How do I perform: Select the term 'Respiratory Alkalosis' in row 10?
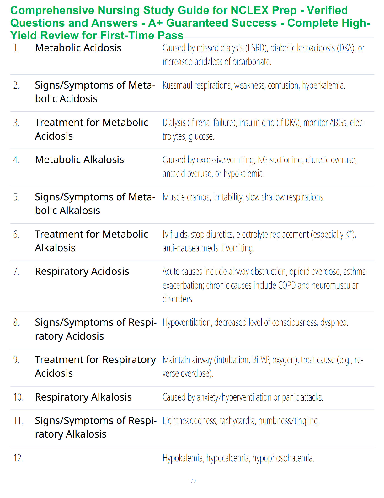[x=83, y=397]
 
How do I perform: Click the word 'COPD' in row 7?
[x=286, y=285]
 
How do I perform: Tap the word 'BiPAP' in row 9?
[x=261, y=360]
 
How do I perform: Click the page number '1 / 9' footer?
[x=192, y=481]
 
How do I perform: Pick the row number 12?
[x=18, y=458]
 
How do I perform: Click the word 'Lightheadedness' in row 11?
[x=190, y=421]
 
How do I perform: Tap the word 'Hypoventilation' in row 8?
[x=187, y=323]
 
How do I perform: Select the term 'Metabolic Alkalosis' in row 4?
[x=79, y=160]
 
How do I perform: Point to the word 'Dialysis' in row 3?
[x=174, y=123]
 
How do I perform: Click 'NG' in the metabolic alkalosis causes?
[x=263, y=160]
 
